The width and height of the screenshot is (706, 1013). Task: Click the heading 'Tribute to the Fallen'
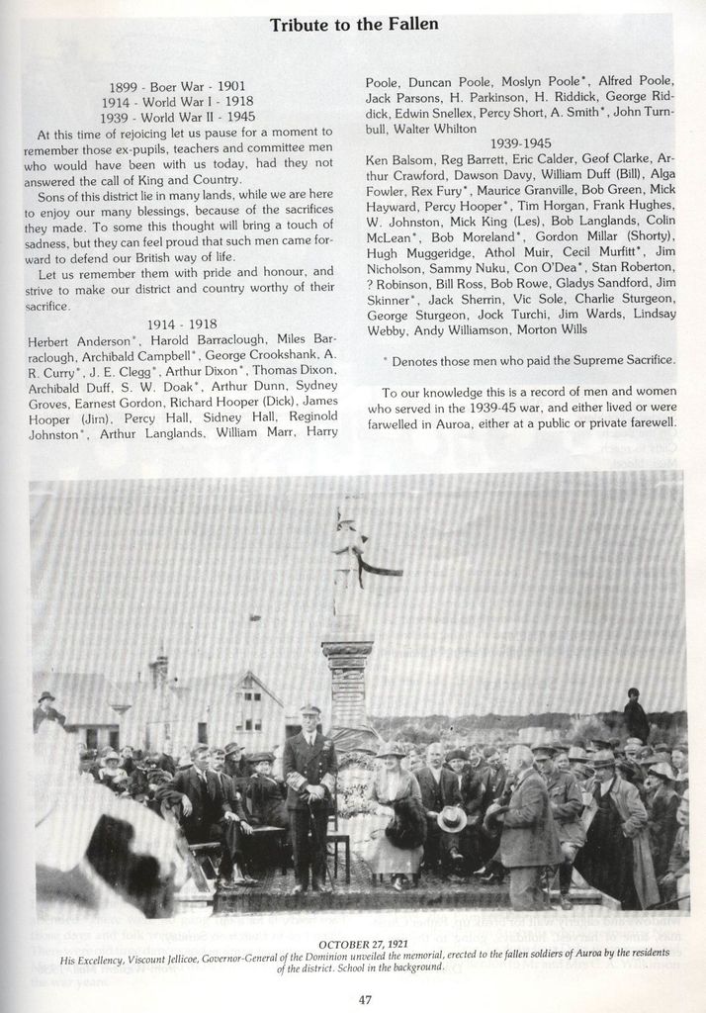(x=354, y=25)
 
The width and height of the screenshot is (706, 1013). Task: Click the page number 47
(x=364, y=999)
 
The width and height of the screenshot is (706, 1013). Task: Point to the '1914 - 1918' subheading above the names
(x=182, y=324)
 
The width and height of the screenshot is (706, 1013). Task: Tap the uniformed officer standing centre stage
(x=309, y=791)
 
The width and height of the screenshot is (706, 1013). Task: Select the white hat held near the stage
(x=452, y=818)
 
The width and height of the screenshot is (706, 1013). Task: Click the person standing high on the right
(x=635, y=715)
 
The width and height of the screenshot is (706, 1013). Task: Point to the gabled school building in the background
(x=242, y=707)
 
